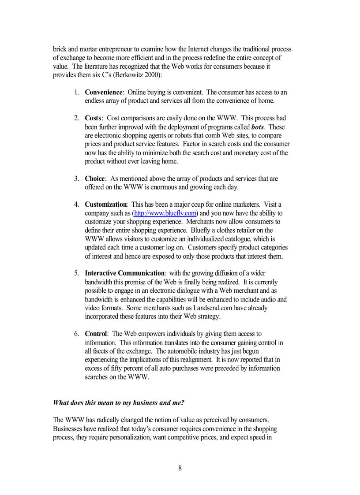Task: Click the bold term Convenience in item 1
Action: click(103, 92)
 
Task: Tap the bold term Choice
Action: click(95, 179)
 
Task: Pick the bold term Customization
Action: click(105, 205)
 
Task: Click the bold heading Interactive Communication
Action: click(124, 273)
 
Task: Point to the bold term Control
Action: click(96, 334)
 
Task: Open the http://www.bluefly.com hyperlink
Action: click(165, 213)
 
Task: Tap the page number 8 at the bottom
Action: click(180, 468)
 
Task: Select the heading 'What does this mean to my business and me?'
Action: click(118, 402)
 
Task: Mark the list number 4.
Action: click(76, 205)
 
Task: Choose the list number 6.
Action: click(76, 334)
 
